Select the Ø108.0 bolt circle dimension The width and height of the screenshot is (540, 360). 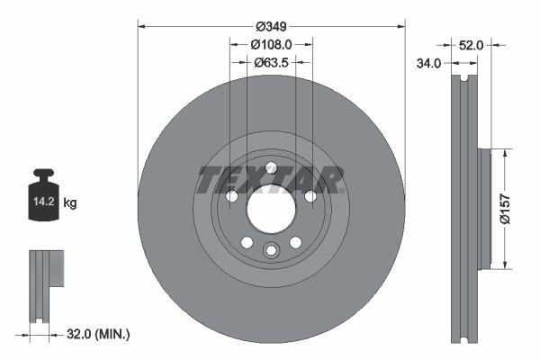coord(270,43)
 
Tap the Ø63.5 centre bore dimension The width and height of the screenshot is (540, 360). coord(270,62)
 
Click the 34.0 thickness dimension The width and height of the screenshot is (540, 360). coord(428,63)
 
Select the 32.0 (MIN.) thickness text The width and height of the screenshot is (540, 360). coord(99,334)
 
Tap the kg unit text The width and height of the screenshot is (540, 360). coord(70,203)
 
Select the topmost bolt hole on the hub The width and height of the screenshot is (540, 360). coord(270,166)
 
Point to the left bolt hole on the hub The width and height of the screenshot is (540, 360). coord(229,196)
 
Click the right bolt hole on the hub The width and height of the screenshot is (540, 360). coord(310,196)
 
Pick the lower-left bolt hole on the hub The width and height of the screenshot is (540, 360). coord(245,242)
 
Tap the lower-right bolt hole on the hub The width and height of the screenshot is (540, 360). coord(295,242)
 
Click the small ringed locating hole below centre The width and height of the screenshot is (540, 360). coord(270,251)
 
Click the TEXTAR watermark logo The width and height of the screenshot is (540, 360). coord(270,180)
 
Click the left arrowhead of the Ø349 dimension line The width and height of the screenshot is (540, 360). coord(141,25)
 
